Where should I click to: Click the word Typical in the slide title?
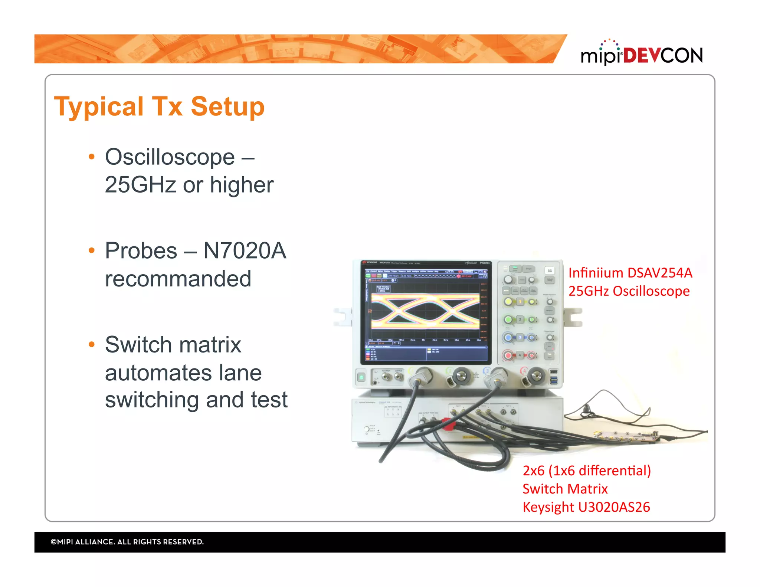(99, 107)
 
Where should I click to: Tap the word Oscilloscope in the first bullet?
(170, 157)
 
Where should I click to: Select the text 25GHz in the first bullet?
(140, 185)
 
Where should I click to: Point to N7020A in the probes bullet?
(245, 251)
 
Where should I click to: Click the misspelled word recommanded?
(178, 279)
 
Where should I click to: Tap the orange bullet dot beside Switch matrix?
(92, 345)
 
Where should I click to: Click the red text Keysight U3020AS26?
(586, 507)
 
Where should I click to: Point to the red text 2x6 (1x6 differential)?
(586, 471)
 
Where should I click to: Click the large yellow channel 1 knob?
(508, 301)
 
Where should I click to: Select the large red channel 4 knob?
(508, 355)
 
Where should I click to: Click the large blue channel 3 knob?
(508, 337)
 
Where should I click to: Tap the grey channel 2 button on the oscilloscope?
(520, 319)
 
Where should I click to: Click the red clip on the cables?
(448, 424)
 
